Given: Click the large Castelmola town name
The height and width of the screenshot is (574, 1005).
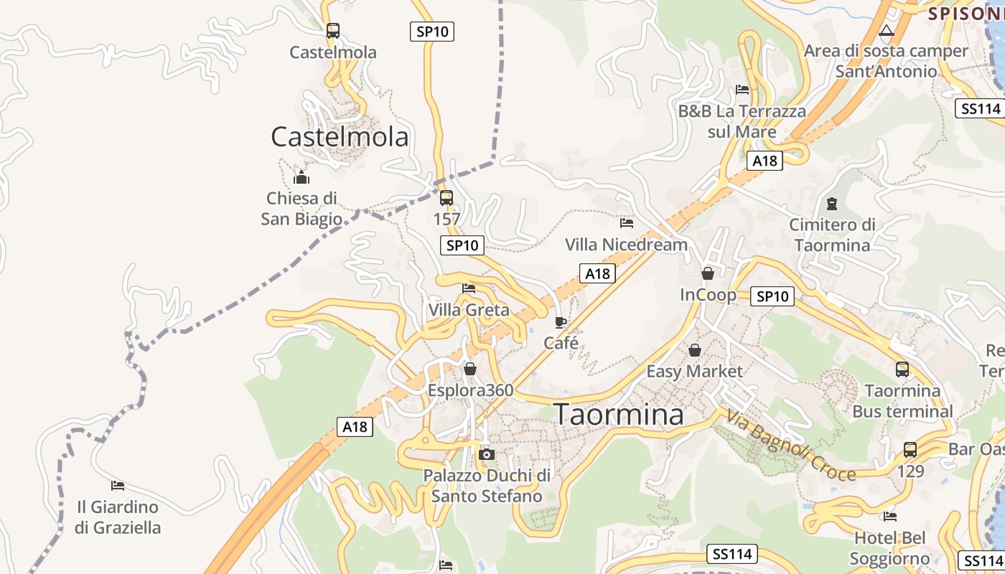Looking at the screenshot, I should (340, 136).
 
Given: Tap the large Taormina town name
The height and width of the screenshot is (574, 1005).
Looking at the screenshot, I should (619, 415).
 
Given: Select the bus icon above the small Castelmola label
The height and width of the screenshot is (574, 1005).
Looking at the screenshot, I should (332, 31).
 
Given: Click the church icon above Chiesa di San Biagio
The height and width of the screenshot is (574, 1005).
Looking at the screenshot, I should (301, 177).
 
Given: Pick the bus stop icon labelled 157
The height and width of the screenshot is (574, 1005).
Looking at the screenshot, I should (447, 198).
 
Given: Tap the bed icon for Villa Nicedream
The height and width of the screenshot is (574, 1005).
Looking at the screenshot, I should (627, 223).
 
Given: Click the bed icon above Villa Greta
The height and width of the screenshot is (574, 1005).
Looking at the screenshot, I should (469, 288).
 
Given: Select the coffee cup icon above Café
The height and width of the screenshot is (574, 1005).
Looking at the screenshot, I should (561, 321).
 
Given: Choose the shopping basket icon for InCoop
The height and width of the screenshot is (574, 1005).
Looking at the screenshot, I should (708, 273).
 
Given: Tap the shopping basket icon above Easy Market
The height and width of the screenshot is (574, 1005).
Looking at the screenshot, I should (694, 350).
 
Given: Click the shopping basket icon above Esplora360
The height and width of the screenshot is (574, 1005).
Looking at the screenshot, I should (470, 369).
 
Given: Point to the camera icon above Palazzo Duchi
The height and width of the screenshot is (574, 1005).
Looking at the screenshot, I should (487, 454).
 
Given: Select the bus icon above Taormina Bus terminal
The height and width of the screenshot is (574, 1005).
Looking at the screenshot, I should (902, 370).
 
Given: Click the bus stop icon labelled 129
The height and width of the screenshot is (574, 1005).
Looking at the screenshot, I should (910, 450).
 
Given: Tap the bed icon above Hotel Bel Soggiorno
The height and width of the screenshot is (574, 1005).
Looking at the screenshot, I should (890, 516).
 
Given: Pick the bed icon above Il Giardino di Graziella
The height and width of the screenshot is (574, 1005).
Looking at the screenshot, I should (118, 486).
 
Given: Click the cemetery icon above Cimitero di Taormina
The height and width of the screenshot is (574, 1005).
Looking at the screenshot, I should (832, 204).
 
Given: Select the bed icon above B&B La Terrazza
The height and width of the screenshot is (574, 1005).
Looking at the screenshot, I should (742, 90).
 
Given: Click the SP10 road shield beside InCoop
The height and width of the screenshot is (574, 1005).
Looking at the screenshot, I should (772, 296).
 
